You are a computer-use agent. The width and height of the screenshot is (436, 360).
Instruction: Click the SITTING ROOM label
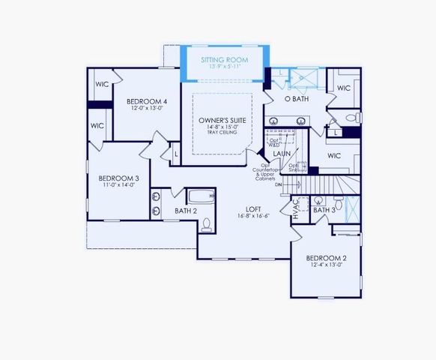pyautogui.click(x=225, y=59)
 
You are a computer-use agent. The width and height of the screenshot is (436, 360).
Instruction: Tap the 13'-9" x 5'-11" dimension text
pyautogui.click(x=225, y=67)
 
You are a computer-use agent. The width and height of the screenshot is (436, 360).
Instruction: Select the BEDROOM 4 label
pyautogui.click(x=147, y=101)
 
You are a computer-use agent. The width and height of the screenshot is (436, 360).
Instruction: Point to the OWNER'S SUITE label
pyautogui.click(x=222, y=120)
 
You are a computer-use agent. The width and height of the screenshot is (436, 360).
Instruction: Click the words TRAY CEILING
pyautogui.click(x=222, y=136)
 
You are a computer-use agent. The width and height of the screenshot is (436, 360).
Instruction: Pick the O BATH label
pyautogui.click(x=297, y=99)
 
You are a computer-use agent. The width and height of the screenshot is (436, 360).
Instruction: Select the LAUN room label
pyautogui.click(x=282, y=154)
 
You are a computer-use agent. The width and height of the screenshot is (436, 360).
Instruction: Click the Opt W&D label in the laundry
pyautogui.click(x=275, y=142)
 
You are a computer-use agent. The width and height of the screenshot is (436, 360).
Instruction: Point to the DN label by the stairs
pyautogui.click(x=279, y=184)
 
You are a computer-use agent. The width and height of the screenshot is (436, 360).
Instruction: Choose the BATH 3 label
pyautogui.click(x=324, y=210)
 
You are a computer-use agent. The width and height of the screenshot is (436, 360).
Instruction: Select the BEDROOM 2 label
pyautogui.click(x=326, y=258)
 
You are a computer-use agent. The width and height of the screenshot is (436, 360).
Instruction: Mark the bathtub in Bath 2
pyautogui.click(x=199, y=197)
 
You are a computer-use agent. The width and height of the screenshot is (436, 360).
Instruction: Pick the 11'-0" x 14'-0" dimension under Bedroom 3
pyautogui.click(x=117, y=186)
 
